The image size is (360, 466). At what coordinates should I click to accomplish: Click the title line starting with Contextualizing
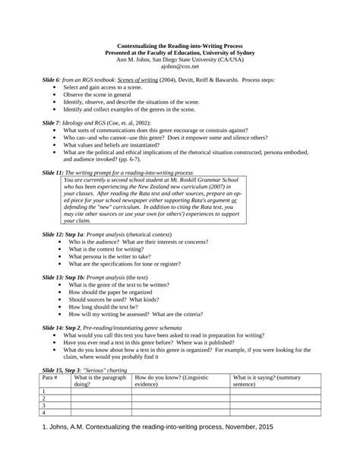179,47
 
